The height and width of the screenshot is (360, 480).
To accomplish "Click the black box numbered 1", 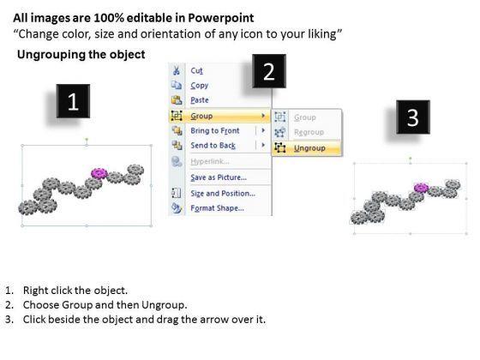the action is point(73,101).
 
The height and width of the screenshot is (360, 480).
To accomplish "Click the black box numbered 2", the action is point(269,71).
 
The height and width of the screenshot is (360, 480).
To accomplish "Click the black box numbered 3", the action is point(413,117).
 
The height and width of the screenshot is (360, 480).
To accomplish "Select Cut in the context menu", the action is point(196,70).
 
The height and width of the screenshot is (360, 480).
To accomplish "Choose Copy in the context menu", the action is point(199,86).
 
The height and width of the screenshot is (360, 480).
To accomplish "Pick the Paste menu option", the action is point(199,100).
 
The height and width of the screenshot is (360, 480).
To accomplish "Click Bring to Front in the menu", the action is point(215,130).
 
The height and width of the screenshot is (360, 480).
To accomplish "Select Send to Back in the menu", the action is point(213,146).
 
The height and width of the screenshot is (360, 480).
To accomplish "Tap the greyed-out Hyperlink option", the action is point(210,161).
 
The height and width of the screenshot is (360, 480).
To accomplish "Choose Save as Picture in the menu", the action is point(219,177).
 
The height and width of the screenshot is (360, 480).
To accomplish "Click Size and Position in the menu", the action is point(223,194).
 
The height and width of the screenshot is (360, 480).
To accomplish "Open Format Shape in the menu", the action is point(217,208).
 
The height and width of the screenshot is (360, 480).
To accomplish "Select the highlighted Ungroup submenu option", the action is point(309,148).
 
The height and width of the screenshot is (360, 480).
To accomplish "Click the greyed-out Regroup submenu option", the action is point(309,132).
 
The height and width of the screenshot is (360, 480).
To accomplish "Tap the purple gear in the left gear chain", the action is point(99,173).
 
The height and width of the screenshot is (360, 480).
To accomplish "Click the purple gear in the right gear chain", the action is point(421,188).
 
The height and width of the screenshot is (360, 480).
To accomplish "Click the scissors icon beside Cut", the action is point(177,70).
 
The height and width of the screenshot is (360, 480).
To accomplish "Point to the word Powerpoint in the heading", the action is point(221,18).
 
